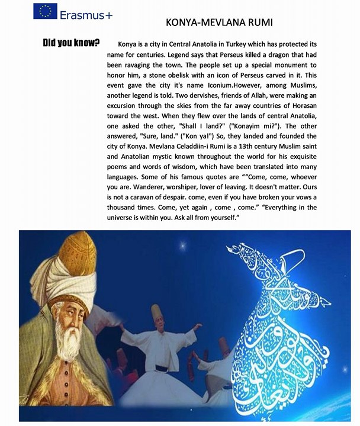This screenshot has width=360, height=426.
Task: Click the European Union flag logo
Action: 46,11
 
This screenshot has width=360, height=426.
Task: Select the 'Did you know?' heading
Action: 71,43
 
